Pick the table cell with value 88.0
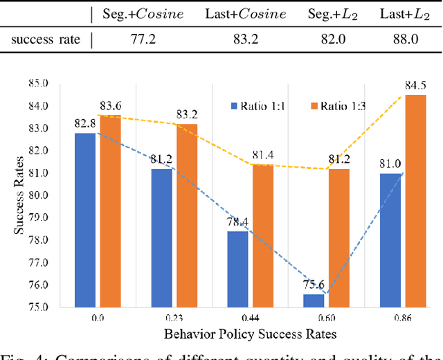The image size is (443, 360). [x=406, y=39]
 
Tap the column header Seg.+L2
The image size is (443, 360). [x=333, y=14]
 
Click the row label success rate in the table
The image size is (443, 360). [x=46, y=39]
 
